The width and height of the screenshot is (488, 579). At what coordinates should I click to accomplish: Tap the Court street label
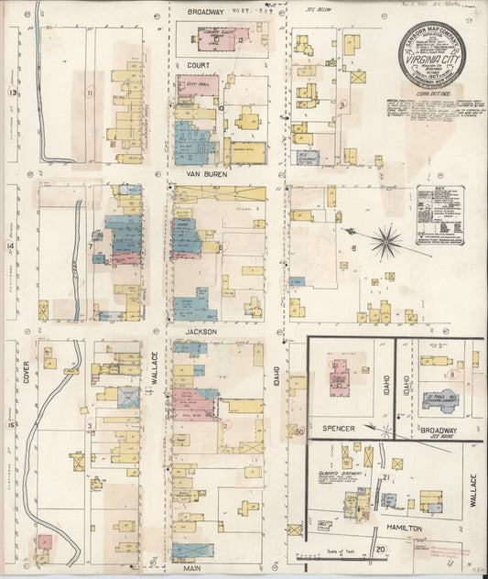(199, 66)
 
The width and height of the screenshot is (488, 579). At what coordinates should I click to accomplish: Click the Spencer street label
(331, 428)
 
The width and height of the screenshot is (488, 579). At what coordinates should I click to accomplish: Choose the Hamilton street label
(403, 529)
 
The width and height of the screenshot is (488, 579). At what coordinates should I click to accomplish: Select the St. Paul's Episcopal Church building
(440, 400)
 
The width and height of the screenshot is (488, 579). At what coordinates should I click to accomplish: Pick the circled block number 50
(298, 431)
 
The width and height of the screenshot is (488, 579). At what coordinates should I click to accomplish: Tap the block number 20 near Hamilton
(380, 549)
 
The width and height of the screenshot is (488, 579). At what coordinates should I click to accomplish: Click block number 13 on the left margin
(12, 93)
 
